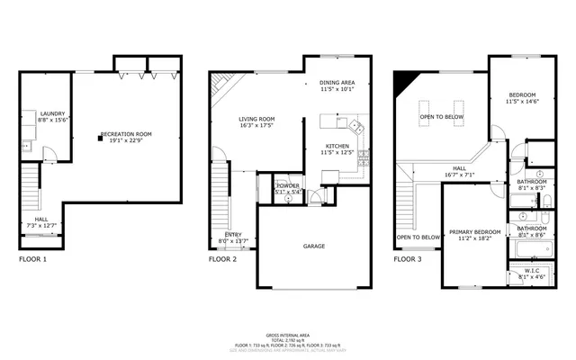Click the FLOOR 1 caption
pos(32,258)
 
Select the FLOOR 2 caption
pos(222,258)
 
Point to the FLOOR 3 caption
pos(408,258)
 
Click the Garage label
pos(314,246)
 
